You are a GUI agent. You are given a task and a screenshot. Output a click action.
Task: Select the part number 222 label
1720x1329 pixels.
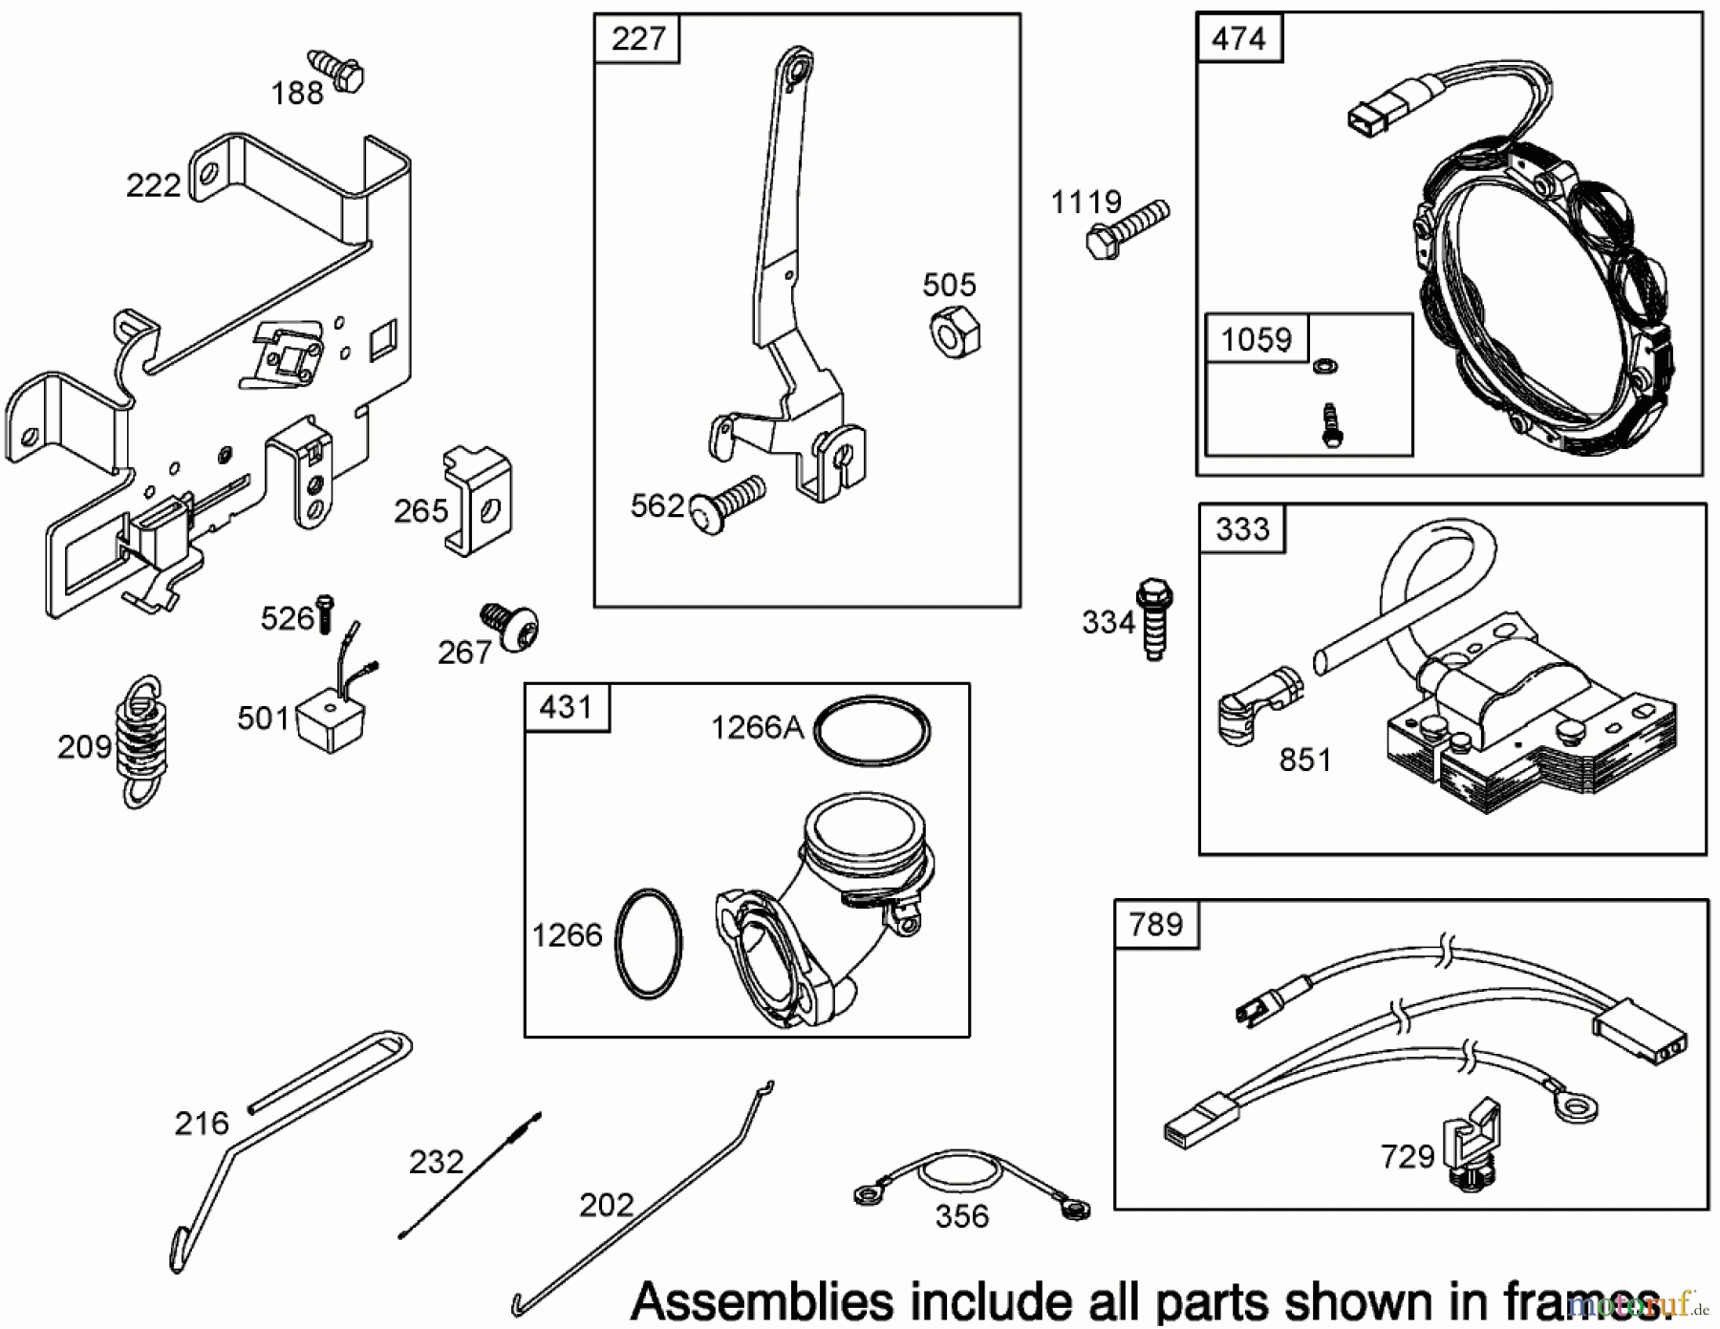point(153,185)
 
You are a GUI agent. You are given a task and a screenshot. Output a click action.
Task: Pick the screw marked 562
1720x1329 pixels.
point(731,504)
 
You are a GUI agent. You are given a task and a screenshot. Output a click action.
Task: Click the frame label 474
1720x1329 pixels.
point(1237,38)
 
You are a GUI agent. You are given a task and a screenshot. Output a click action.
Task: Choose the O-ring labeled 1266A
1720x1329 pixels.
point(871,730)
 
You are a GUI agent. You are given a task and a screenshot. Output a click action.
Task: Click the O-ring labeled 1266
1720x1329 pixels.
point(649,944)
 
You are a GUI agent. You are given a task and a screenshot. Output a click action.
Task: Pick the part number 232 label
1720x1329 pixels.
point(436,1162)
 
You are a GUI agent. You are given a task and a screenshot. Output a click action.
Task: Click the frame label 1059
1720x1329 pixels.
point(1256,339)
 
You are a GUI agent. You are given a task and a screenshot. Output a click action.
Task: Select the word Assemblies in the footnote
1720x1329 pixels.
point(763,1301)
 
